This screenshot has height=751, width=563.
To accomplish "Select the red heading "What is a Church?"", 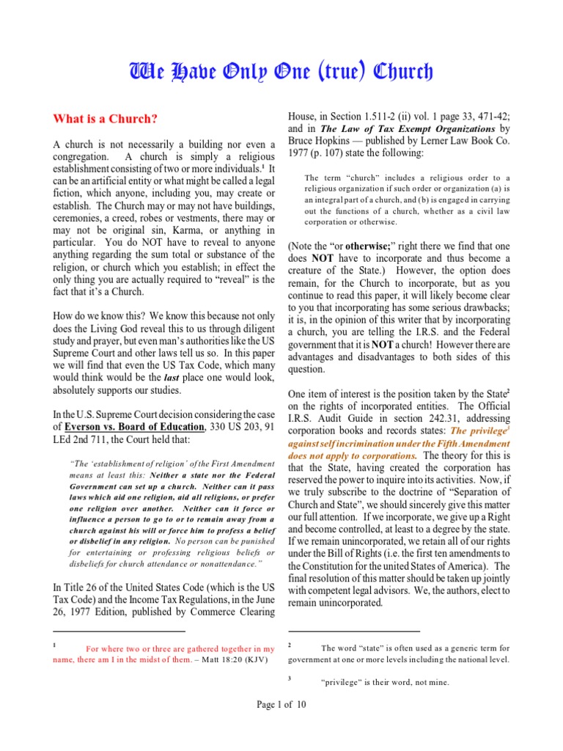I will pos(104,119).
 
